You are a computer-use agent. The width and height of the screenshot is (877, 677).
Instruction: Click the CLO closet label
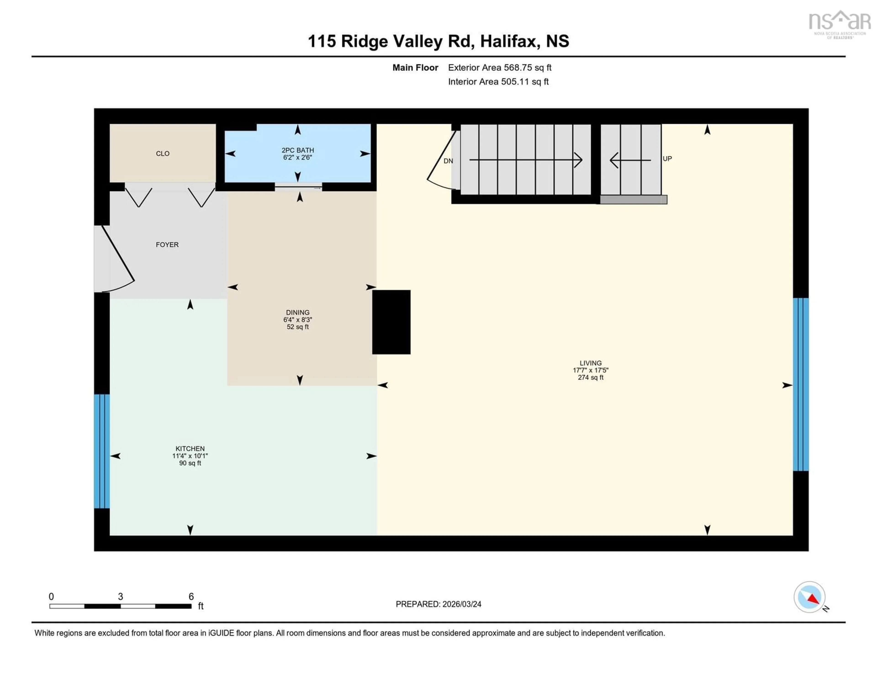[x=163, y=154]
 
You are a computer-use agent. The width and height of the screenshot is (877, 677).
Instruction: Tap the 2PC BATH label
[x=298, y=150]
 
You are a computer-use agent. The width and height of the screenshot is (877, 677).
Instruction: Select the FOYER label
[x=167, y=245]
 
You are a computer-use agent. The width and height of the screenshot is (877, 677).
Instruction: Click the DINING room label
[x=298, y=312]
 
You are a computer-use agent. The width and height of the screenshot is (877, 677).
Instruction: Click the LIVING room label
[x=590, y=363]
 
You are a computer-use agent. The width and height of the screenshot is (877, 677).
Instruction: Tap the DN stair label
[x=448, y=161]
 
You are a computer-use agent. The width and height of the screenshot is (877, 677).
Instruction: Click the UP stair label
[x=667, y=158]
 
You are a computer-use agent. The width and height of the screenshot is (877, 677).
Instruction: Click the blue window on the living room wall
[x=800, y=384]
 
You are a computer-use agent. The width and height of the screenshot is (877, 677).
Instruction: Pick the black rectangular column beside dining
[x=391, y=322]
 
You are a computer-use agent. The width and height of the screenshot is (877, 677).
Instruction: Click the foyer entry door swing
[x=116, y=259]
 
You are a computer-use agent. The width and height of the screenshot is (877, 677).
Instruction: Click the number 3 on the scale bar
[x=120, y=597]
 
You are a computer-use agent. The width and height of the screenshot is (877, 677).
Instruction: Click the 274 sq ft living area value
[x=590, y=378]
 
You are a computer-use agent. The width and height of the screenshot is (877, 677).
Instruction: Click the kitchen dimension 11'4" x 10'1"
[x=190, y=456]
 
